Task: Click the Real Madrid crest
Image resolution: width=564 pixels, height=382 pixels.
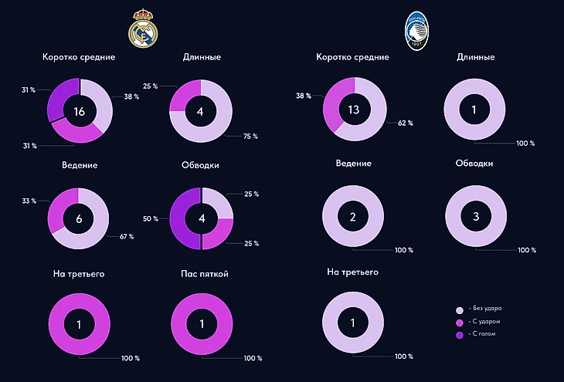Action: point(141,29)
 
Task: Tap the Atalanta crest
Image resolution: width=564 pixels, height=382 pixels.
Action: point(416,30)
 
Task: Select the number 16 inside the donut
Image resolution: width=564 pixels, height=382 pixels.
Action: point(79,111)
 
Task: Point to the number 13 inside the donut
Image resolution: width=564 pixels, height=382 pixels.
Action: point(354,110)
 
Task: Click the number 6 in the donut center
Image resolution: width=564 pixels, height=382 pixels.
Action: point(79,218)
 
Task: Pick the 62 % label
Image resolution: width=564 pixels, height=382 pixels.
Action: point(406,123)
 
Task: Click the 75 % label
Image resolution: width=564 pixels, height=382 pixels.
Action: point(250,136)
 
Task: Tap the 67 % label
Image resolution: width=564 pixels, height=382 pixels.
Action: point(126,236)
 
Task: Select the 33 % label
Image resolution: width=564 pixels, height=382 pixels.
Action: point(29,201)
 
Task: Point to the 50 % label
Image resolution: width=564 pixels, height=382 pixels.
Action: point(150,218)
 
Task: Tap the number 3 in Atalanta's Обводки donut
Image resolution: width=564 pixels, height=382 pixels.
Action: point(475,218)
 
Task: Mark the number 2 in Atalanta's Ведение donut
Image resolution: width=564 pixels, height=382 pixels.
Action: point(353,218)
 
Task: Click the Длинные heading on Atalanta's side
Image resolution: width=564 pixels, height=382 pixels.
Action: point(476,56)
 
